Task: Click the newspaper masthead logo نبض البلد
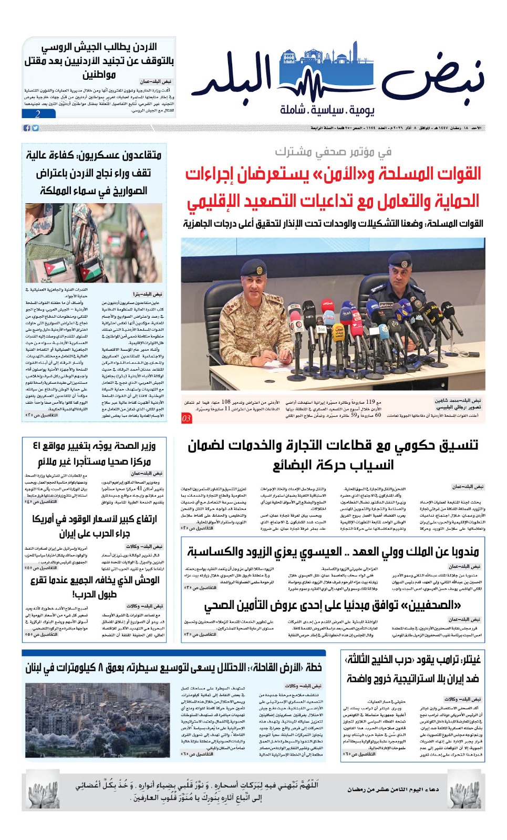click(336, 79)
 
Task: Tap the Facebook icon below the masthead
click(27, 128)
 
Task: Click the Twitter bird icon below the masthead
click(35, 128)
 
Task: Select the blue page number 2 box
click(38, 114)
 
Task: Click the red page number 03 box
click(187, 418)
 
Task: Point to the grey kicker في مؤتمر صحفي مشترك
click(333, 152)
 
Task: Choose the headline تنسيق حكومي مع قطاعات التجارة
click(333, 455)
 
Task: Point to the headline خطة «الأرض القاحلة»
click(173, 667)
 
